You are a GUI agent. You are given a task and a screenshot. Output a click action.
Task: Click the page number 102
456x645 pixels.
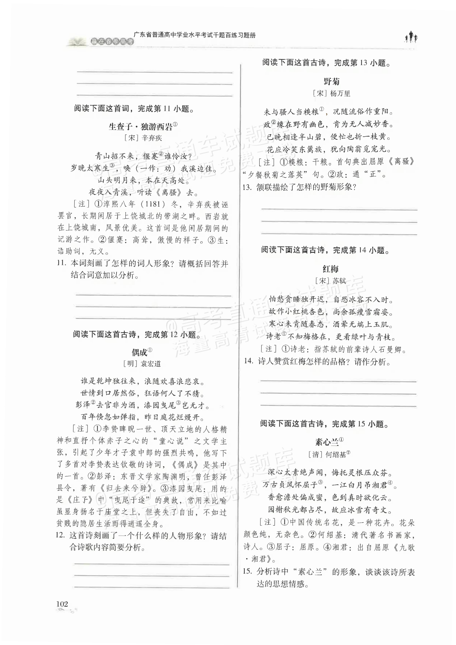coord(62,603)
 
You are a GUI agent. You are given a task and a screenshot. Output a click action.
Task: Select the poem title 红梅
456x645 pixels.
coord(331,269)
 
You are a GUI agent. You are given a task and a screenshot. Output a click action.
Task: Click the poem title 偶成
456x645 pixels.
coord(140,352)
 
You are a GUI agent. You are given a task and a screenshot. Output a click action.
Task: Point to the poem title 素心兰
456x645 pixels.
coord(327,442)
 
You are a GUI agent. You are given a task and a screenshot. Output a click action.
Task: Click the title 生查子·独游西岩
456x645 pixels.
coord(141,127)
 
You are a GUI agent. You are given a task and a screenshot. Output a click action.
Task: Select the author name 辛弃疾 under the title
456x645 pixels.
coord(152,138)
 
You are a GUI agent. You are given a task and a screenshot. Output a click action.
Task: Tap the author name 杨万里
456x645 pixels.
coord(340,94)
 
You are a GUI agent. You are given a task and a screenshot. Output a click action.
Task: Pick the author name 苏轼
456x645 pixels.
coord(339,281)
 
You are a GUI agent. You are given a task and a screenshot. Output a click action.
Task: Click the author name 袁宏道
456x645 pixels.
coord(151,364)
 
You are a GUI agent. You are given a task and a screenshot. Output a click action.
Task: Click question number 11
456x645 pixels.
coord(61,263)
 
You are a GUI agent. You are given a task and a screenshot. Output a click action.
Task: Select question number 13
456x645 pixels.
coord(247,187)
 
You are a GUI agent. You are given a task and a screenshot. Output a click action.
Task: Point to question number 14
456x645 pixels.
coord(248,361)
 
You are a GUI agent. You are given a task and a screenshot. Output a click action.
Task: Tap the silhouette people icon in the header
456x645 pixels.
coord(411,37)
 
